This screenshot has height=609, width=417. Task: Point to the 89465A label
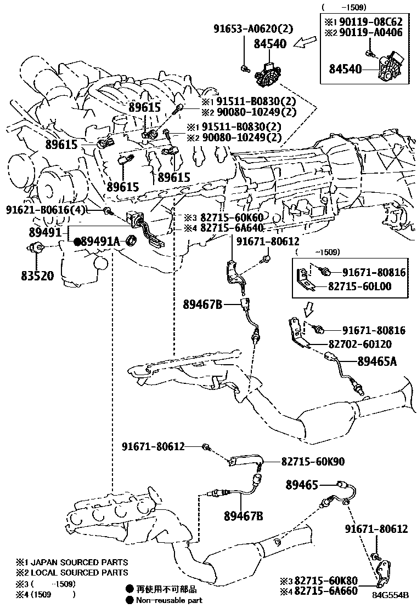377,361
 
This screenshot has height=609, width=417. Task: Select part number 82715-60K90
313,462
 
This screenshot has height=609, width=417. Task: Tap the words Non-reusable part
169,600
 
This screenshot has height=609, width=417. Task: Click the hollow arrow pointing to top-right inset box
305,42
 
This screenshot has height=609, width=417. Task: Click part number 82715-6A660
326,591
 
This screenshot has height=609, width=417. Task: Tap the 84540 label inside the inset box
345,69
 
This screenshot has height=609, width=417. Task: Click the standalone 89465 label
303,484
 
